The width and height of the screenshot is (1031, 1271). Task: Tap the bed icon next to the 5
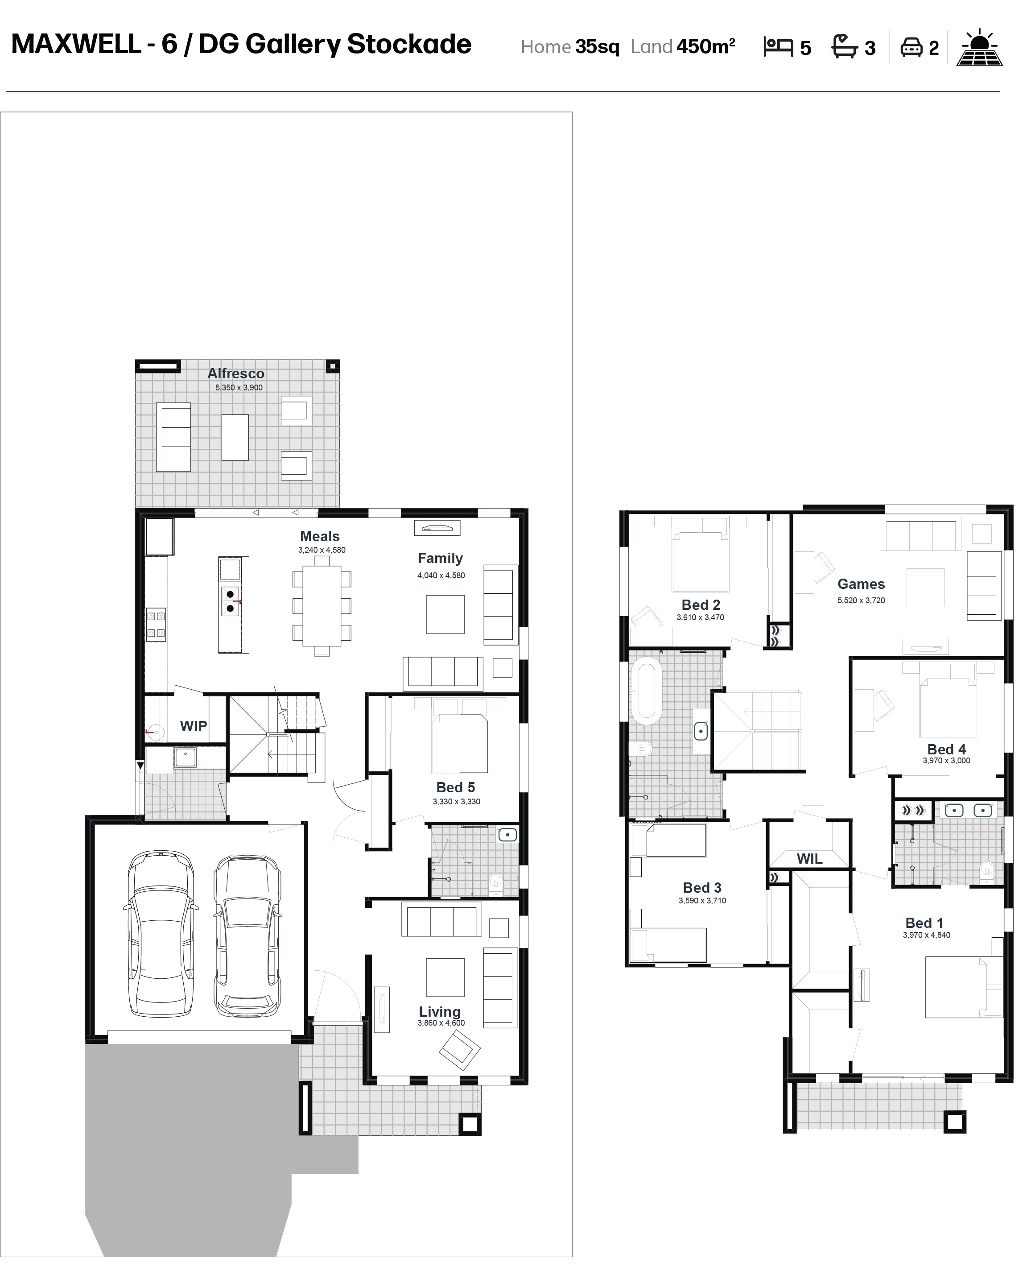tap(778, 47)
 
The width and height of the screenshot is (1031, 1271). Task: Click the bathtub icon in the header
tap(844, 46)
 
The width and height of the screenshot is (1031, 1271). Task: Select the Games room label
tap(861, 584)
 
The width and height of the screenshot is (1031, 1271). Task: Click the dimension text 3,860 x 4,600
tap(441, 1023)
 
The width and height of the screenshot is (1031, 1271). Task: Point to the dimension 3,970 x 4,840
tap(927, 935)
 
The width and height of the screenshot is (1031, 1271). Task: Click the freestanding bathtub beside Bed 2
tap(646, 690)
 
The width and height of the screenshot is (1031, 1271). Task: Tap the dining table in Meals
tap(322, 605)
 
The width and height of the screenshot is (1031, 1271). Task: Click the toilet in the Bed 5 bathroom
tap(496, 884)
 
